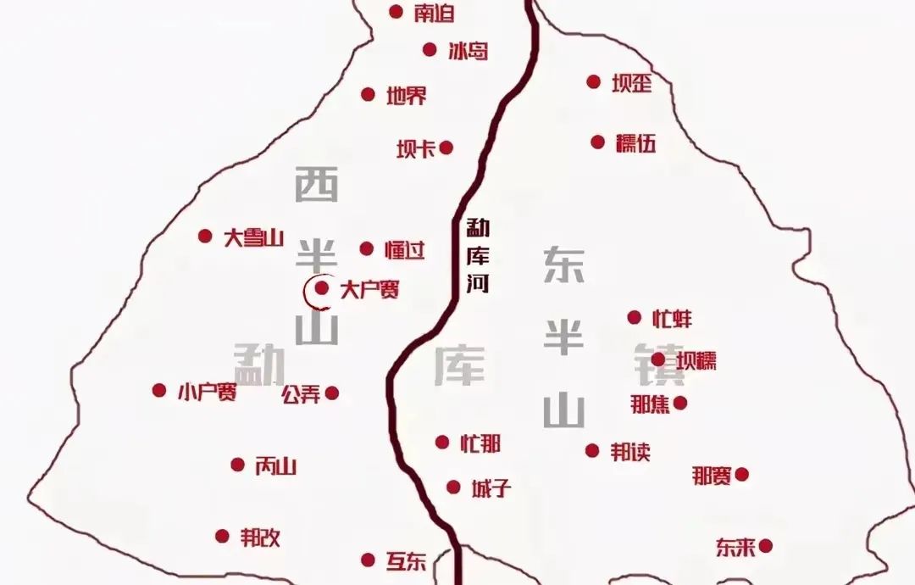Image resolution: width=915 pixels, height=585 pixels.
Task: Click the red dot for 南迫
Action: coord(396,12)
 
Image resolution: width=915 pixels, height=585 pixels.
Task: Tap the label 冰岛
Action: coord(469,50)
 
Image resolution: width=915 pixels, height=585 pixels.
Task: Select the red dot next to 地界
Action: coord(368,94)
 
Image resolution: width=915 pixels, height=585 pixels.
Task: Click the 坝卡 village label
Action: coord(416,148)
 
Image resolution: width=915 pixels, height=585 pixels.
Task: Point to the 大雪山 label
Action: coord(252,237)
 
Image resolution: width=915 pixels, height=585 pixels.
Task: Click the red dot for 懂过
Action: coord(366,248)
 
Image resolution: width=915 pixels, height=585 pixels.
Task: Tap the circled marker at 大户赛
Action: coord(321,289)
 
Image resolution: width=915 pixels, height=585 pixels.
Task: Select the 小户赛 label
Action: coord(207,392)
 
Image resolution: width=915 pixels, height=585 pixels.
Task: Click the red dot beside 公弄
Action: coord(331,393)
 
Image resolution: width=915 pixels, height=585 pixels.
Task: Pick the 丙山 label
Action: coord(275,465)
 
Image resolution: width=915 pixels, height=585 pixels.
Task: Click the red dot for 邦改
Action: coord(222,536)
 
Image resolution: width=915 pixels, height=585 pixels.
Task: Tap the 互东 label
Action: coord(406,561)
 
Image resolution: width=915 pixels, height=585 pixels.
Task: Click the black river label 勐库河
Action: coord(477,257)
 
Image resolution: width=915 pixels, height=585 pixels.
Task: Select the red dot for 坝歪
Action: coord(593,81)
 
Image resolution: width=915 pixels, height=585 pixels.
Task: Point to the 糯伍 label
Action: coord(636,142)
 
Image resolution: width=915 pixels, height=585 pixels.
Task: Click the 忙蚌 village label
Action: coord(672,319)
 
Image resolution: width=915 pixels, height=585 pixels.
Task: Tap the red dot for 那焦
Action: coord(679,403)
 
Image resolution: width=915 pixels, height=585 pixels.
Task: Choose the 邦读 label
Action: coord(630,452)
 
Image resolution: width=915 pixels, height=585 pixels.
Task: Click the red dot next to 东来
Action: coord(765,546)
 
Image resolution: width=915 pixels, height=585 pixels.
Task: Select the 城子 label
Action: coord(491,488)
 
